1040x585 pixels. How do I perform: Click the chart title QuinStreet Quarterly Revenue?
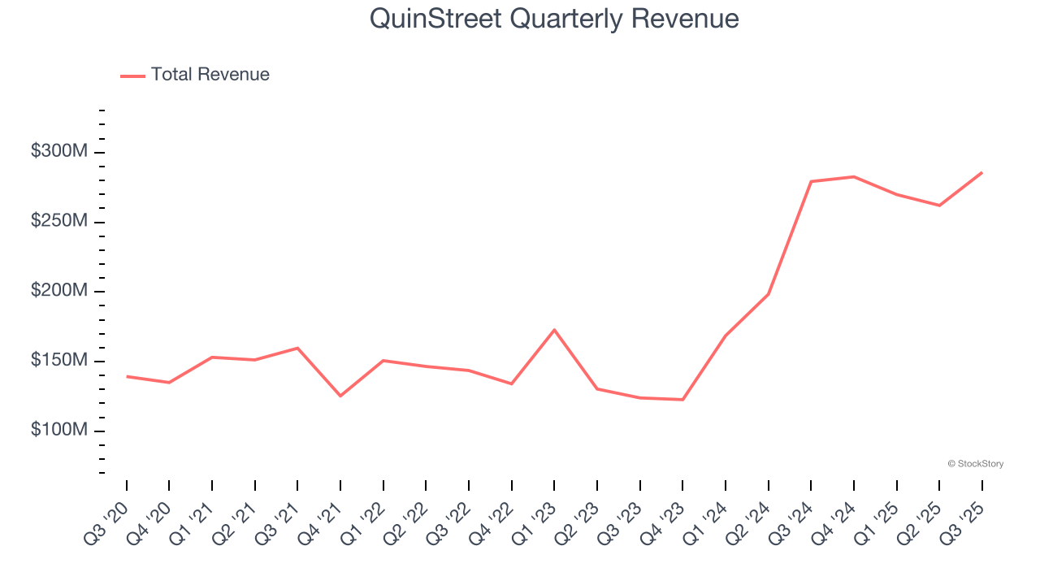[x=554, y=19]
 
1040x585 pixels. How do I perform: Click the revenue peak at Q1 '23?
[x=554, y=330]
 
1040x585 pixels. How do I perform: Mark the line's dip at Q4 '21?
[x=340, y=396]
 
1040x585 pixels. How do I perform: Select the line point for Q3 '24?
[x=811, y=181]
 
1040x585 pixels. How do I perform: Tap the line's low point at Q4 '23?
[x=682, y=399]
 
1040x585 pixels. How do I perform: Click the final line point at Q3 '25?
[x=981, y=172]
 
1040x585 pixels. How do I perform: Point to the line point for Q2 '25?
[x=939, y=205]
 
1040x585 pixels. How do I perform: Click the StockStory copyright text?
[x=975, y=464]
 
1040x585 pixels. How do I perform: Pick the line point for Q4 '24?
[x=854, y=176]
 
